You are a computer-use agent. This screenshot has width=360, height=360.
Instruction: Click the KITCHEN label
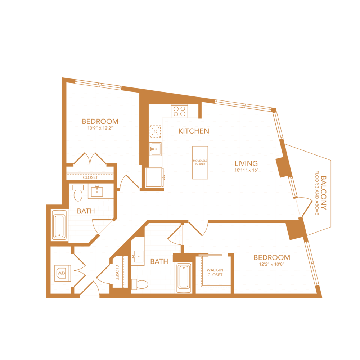click(194, 131)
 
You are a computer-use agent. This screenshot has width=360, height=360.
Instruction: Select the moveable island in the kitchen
click(200, 162)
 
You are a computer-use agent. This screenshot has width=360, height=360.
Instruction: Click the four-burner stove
click(179, 111)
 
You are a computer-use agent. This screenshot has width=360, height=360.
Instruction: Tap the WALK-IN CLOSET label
click(215, 273)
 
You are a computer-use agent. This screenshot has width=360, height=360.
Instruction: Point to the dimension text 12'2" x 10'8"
click(272, 264)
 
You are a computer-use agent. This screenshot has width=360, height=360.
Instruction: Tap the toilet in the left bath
click(78, 193)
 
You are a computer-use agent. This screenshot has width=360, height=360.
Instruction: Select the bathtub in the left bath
click(59, 225)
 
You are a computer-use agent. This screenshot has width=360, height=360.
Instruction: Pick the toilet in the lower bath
click(140, 284)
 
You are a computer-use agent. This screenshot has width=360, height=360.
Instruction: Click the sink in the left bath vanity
click(97, 191)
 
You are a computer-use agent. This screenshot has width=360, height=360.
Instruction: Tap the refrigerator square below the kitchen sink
click(154, 177)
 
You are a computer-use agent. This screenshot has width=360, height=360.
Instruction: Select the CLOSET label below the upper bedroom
click(90, 177)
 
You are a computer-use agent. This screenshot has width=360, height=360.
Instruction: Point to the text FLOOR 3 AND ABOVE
click(317, 193)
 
